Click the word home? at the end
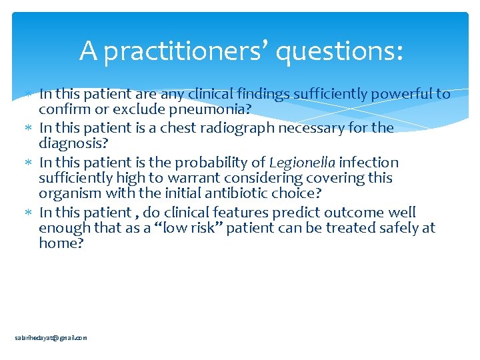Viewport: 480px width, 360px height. tap(61, 243)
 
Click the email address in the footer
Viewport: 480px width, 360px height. tap(51, 338)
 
